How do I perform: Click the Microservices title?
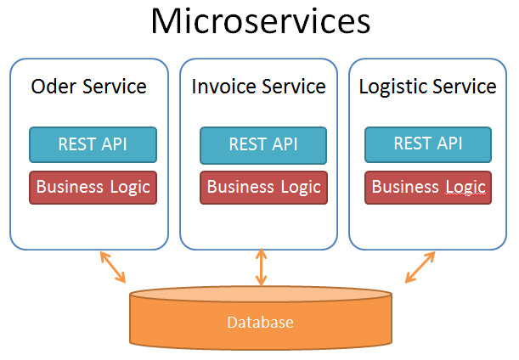260,22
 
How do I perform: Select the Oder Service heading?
88,87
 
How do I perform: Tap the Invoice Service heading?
258,87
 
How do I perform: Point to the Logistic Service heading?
427,87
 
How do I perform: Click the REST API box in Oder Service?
93,143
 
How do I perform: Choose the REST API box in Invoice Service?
263,145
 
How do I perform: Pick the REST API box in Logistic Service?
428,143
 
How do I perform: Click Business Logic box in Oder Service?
93,187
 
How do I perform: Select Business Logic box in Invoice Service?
263,187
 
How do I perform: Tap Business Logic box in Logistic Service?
428,187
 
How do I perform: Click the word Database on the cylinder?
260,323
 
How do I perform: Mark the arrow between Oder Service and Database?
113,267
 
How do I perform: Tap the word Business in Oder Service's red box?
71,187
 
